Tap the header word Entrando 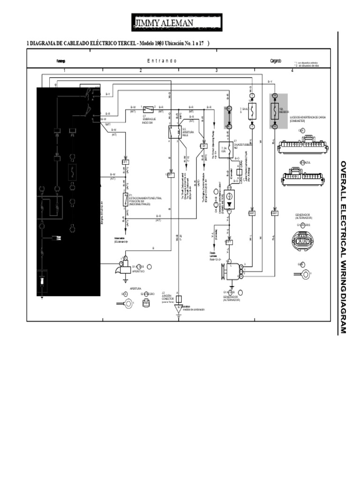[x=162, y=61]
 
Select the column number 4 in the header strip [x=292, y=70]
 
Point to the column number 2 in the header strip [x=140, y=70]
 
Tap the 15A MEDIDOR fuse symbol [x=275, y=111]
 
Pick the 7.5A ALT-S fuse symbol [x=252, y=111]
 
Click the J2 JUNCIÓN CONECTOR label [x=167, y=297]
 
